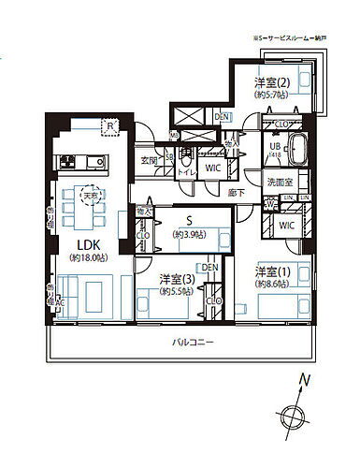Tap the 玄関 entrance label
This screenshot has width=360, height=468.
[150, 159]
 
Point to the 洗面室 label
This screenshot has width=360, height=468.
[280, 180]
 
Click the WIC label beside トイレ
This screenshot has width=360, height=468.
[212, 168]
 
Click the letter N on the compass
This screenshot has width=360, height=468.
[305, 380]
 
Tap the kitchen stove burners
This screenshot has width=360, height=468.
[70, 163]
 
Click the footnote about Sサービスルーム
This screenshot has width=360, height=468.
[295, 37]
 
